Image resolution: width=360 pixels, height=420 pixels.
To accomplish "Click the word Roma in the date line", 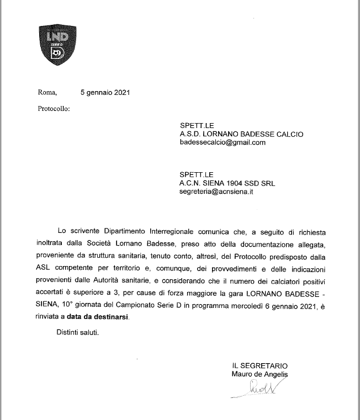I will (x=47, y=93).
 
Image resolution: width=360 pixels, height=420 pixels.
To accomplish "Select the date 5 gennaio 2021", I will (x=105, y=93).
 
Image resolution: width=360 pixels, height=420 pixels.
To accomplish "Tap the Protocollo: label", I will (x=54, y=109).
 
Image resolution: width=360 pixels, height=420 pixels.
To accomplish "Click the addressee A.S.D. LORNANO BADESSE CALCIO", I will (x=242, y=134).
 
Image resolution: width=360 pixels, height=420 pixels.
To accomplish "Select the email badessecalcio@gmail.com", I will (x=223, y=142).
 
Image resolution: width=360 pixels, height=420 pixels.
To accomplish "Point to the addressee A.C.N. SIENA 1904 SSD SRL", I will (x=235, y=184).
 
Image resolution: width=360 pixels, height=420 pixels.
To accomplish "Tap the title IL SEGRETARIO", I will (x=260, y=365).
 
